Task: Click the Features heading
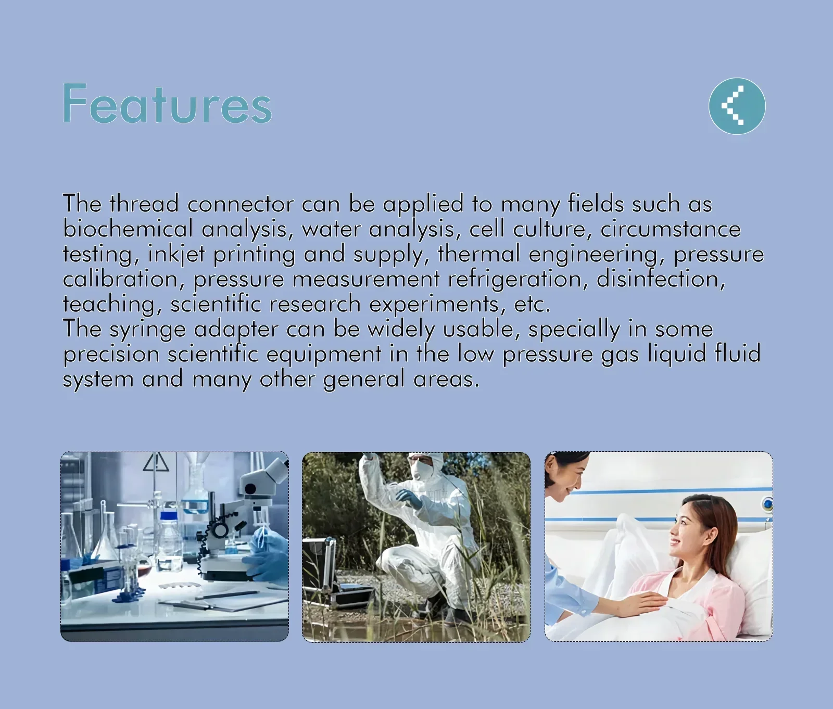point(167,104)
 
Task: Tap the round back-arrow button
point(737,106)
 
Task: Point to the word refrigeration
point(514,278)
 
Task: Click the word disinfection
point(660,278)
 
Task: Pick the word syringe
point(148,330)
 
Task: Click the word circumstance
point(671,229)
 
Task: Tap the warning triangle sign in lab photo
point(156,462)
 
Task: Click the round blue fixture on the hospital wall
point(767,504)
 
